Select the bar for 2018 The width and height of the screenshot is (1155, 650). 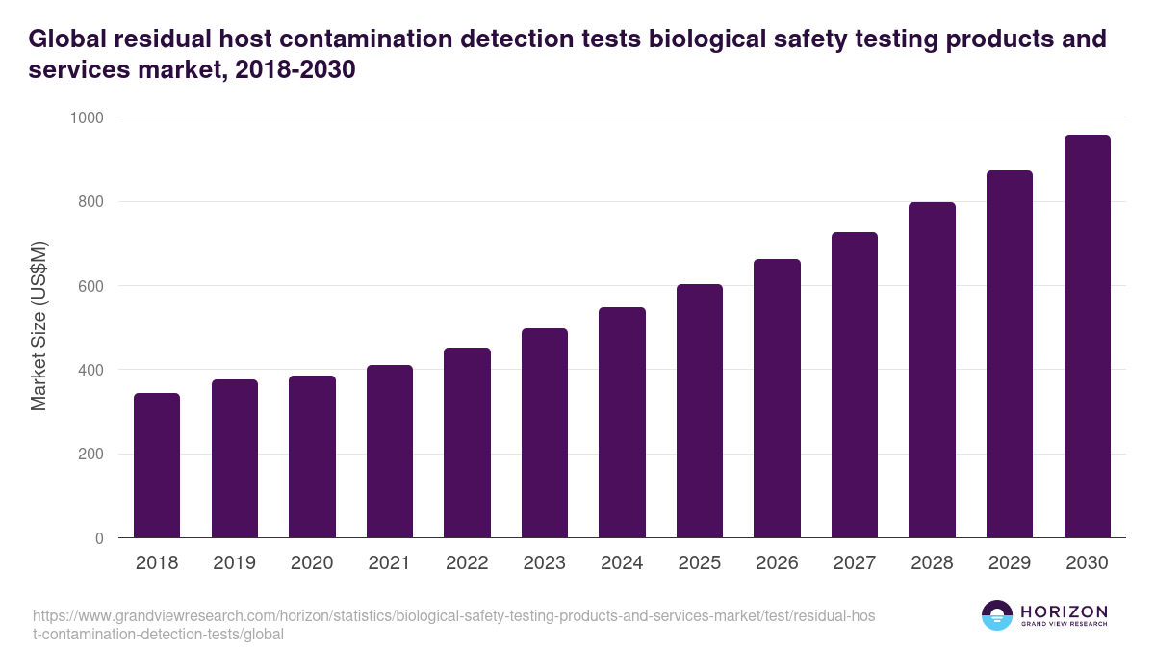[x=157, y=465]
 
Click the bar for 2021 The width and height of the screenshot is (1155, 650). [x=390, y=452]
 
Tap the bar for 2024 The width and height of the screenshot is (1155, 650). [x=622, y=423]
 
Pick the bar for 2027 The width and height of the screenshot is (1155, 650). [x=855, y=385]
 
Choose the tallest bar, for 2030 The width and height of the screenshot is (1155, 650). [x=1088, y=336]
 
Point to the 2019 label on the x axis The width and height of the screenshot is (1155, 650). [x=234, y=563]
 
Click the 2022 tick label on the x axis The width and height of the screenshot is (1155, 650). [x=467, y=563]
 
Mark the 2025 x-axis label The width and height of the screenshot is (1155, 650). [x=700, y=563]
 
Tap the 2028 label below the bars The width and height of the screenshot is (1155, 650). [x=932, y=563]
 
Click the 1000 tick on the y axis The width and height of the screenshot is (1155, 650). [x=86, y=117]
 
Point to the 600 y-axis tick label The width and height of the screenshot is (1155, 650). [x=90, y=286]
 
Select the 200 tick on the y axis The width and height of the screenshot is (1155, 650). [x=90, y=455]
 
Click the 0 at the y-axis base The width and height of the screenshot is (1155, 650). [x=99, y=538]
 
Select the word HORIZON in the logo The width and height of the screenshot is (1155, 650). [x=1065, y=611]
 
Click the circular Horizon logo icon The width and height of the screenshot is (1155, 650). [x=997, y=615]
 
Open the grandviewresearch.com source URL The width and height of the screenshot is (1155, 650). [x=452, y=625]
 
